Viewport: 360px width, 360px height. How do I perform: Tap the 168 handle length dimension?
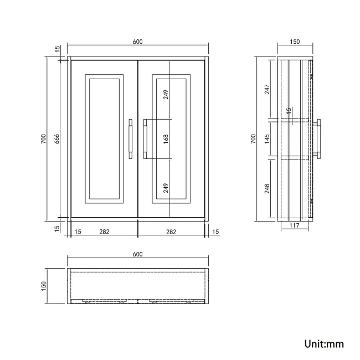(166, 139)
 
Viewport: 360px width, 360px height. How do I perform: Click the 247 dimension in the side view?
(267, 89)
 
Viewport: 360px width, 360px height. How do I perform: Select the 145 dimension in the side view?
(267, 138)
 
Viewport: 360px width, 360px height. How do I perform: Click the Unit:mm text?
(324, 343)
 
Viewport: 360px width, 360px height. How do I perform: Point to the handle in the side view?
(318, 138)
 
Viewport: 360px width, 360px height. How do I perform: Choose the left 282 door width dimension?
(104, 232)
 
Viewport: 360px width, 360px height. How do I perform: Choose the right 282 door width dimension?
(171, 232)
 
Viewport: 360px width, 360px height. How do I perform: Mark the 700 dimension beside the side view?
(253, 138)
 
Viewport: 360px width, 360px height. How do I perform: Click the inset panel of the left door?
(104, 138)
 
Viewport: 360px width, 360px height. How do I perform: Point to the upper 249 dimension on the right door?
(166, 95)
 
